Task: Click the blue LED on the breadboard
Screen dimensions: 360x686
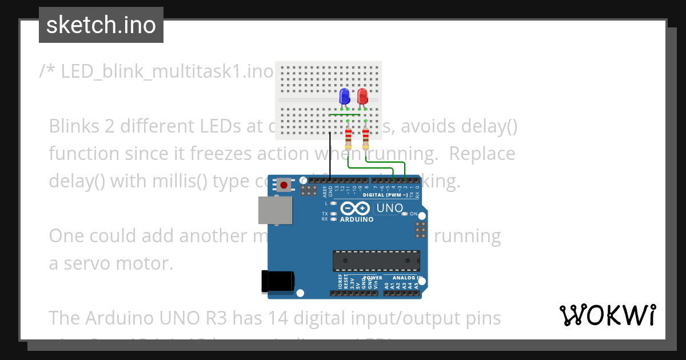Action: pyautogui.click(x=345, y=96)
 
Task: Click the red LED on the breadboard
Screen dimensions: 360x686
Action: pyautogui.click(x=362, y=96)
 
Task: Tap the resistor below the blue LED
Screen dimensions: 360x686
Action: pyautogui.click(x=348, y=138)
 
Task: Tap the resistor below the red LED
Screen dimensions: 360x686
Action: pyautogui.click(x=366, y=138)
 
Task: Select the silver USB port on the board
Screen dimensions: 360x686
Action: pyautogui.click(x=272, y=210)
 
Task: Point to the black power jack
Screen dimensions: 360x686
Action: pyautogui.click(x=278, y=281)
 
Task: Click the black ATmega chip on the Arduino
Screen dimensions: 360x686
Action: pyautogui.click(x=377, y=261)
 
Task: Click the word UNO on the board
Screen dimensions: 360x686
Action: pyautogui.click(x=390, y=209)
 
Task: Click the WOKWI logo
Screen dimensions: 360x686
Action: pyautogui.click(x=607, y=315)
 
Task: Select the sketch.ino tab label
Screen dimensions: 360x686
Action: pyautogui.click(x=101, y=25)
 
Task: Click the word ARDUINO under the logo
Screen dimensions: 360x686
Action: pyautogui.click(x=357, y=219)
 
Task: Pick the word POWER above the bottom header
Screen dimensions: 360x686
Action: pyautogui.click(x=373, y=278)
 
